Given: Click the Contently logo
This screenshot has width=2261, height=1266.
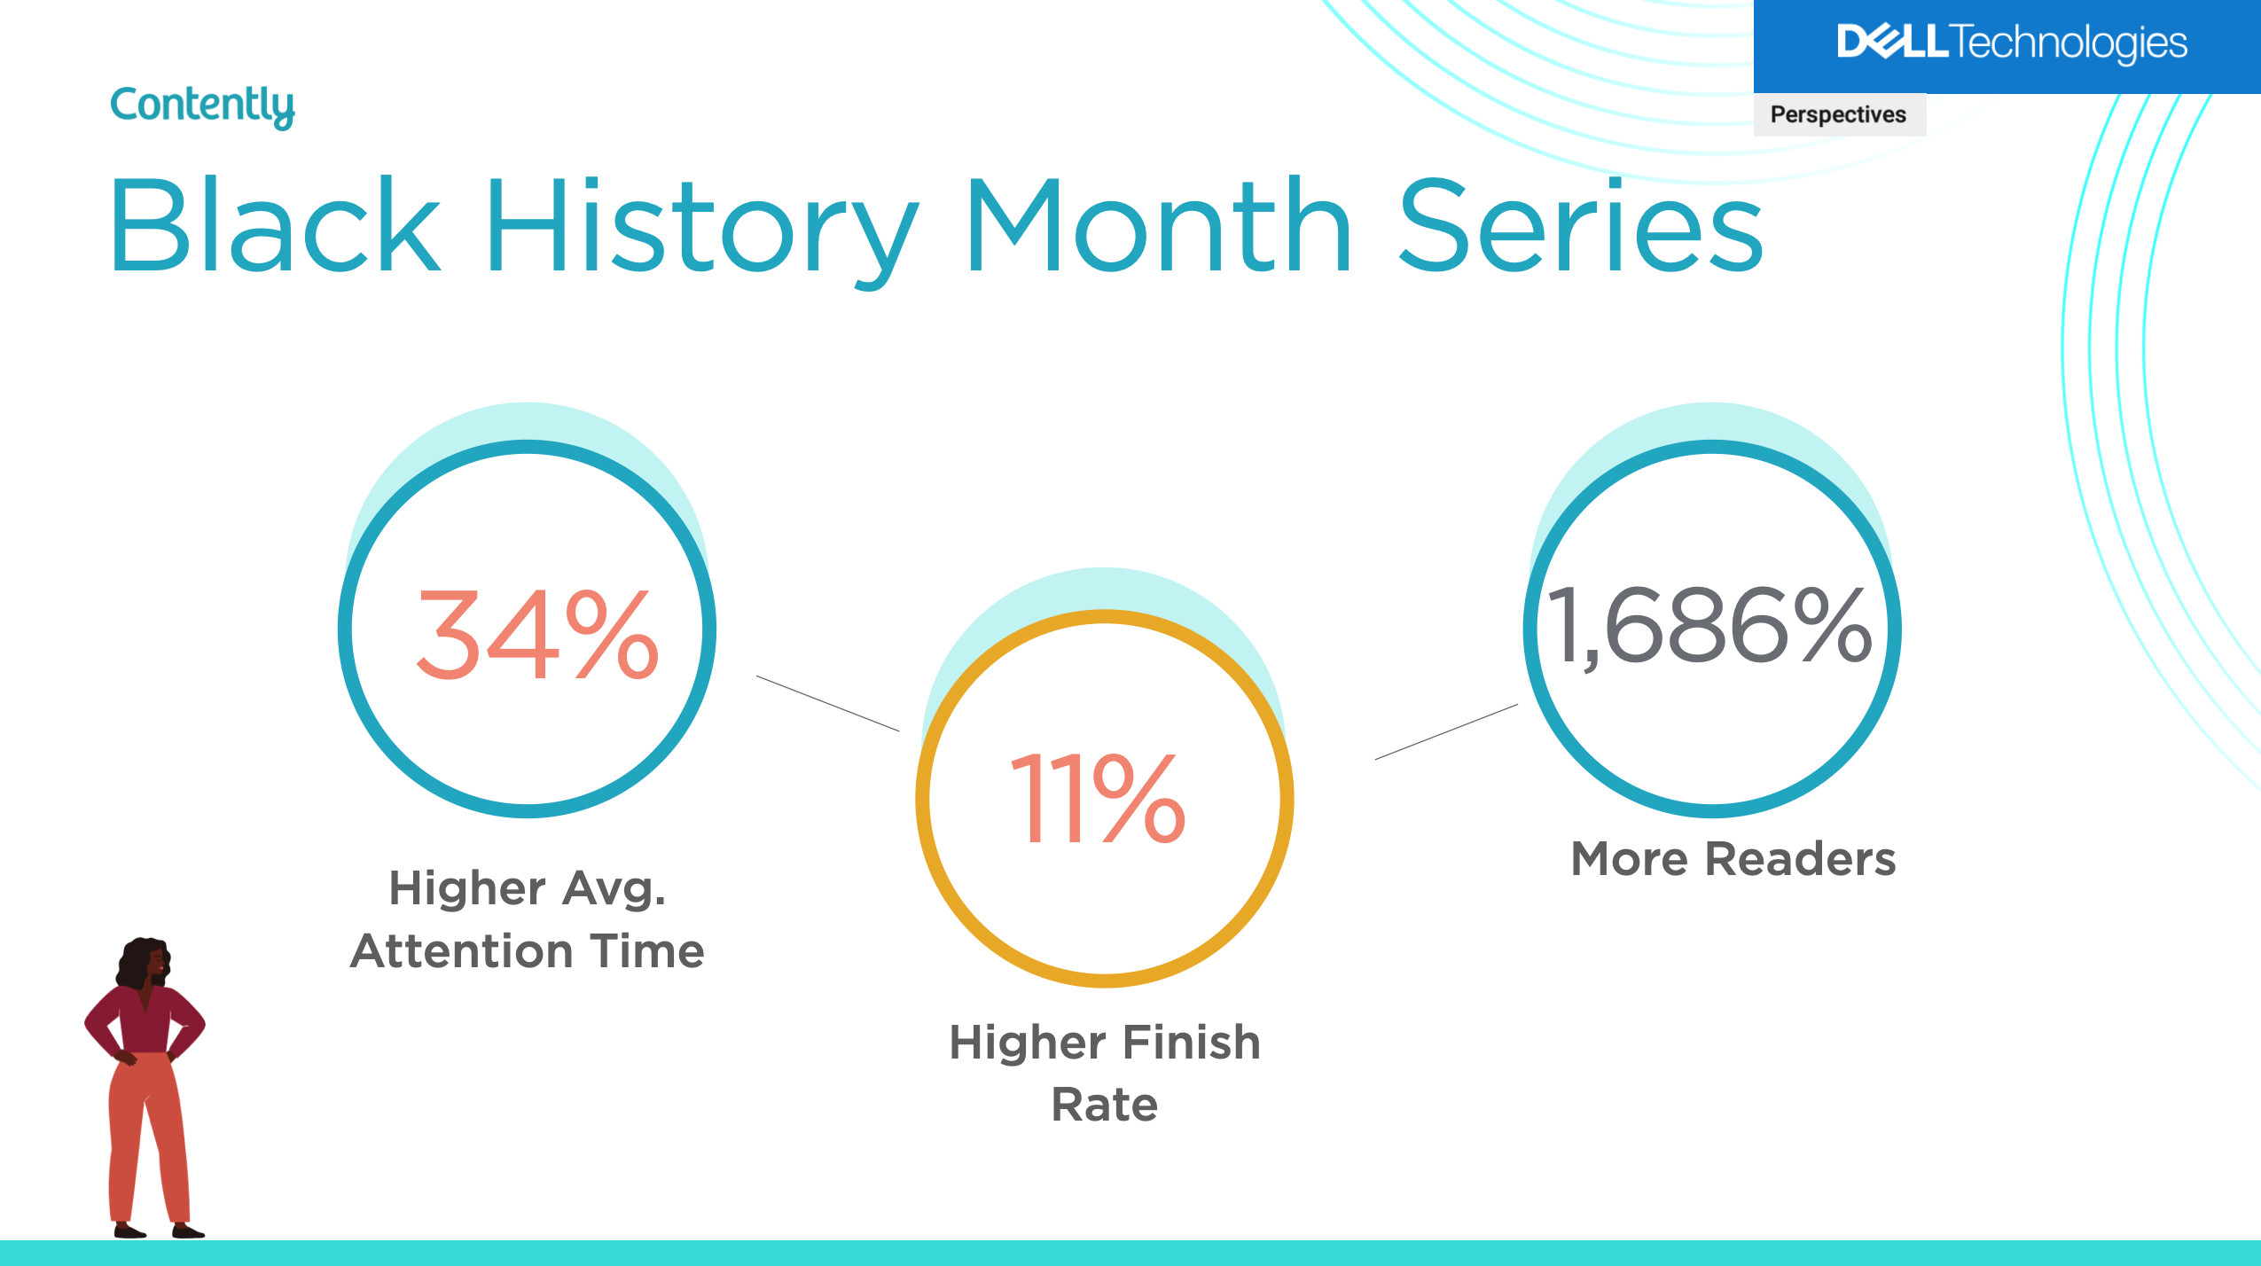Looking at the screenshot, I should pos(202,106).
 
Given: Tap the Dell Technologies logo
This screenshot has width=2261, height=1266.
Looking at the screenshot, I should pos(2011,43).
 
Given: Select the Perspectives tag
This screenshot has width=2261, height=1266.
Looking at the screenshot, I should pos(1838,115).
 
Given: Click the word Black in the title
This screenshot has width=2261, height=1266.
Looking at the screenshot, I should pos(275,226).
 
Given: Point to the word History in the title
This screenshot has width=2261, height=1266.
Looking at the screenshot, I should pos(700,226).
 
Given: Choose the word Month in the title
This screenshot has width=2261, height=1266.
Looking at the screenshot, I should pos(1157,226).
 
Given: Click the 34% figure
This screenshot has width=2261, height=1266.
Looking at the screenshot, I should pos(537,635).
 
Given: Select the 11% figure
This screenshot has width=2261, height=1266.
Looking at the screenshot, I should pos(1098,797).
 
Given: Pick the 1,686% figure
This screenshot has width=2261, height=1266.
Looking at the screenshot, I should pos(1709,626).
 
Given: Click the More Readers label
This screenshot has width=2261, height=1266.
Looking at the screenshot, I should pos(1733,859).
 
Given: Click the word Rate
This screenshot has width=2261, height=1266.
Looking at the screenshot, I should pos(1105,1105).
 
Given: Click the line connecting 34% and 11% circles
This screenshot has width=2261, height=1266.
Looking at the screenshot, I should pos(827,703).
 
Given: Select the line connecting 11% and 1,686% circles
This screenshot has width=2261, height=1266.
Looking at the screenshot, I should pos(1445,731).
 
